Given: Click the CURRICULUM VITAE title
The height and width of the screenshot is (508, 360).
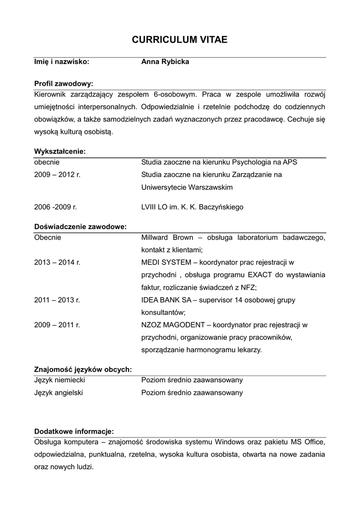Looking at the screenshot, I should coord(180,40).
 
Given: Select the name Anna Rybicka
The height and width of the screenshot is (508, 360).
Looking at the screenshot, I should coord(165,62).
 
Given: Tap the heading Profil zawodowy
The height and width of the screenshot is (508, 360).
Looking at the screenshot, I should coord(64,83).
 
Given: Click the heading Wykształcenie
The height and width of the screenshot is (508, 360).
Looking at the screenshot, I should coord(60,151).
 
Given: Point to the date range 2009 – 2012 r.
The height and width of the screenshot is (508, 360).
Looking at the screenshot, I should coord(57,175).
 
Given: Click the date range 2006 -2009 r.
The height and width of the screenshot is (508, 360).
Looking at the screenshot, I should coord(56,207).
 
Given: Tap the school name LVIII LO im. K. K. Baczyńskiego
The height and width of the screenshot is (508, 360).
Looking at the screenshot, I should coord(192,207).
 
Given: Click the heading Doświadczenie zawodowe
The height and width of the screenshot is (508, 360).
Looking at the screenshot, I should coord(80,227).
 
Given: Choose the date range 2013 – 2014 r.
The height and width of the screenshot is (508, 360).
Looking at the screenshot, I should coord(57,262).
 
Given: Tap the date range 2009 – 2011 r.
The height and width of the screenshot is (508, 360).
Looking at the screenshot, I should coord(57,325).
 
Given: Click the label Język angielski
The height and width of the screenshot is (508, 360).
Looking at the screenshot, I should coord(59,392).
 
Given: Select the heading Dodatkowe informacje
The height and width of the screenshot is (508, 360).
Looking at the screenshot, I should coord(74,431).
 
